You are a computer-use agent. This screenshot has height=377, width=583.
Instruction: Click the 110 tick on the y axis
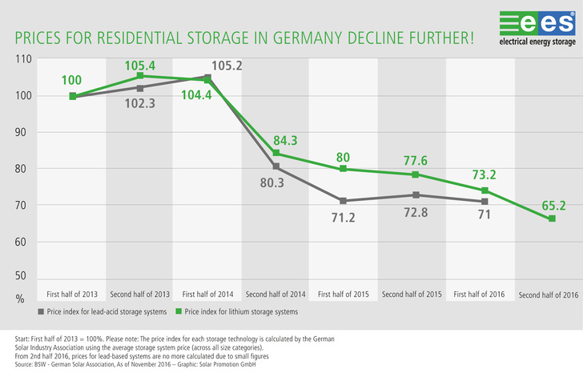(22, 59)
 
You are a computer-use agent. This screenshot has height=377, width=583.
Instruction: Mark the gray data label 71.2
(344, 218)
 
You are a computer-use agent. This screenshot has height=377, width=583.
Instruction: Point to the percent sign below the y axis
(19, 299)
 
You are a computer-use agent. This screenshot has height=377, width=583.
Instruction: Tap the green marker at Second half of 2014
(276, 153)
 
